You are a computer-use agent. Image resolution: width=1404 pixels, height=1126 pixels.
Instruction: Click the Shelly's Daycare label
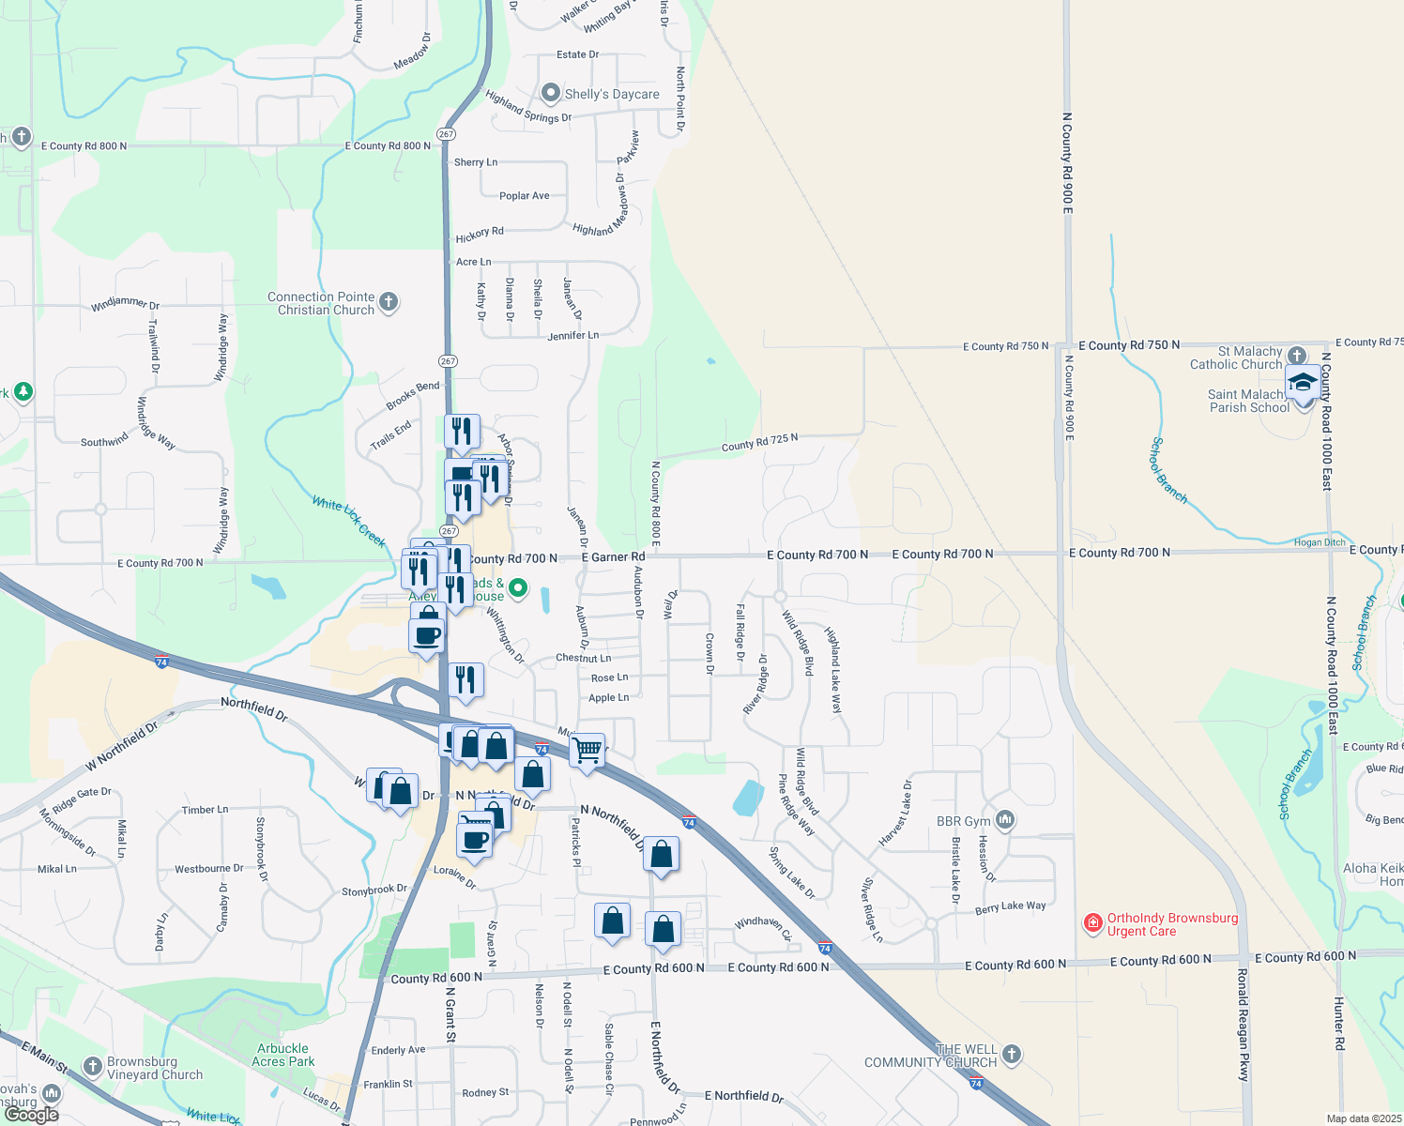coord(612,94)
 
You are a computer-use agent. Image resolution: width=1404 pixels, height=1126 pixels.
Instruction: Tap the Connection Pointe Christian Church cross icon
coord(389,302)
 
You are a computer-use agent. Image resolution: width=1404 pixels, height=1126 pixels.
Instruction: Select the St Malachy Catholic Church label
coord(1236,358)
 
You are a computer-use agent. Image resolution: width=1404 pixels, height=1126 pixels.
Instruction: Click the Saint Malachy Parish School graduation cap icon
coord(1303,383)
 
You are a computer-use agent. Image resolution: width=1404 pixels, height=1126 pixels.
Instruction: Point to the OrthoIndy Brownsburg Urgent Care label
coord(1172,924)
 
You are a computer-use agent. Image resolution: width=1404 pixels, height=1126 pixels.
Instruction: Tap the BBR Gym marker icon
coord(1005,820)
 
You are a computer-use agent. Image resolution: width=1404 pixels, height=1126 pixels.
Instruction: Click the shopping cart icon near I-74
coord(588,750)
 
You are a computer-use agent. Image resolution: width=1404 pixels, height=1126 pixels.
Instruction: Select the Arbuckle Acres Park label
coord(282,1055)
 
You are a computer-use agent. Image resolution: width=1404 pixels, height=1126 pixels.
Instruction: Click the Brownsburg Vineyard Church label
coord(154,1068)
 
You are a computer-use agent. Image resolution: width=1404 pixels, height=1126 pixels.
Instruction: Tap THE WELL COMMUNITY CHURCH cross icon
coord(1012,1054)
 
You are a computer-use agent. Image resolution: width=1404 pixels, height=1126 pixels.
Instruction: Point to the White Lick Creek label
coord(349,522)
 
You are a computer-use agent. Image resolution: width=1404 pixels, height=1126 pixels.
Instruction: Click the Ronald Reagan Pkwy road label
coord(1244,1025)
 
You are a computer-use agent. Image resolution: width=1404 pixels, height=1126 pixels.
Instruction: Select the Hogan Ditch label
coord(1320,542)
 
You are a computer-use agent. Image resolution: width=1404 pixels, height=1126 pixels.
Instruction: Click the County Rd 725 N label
coord(759,442)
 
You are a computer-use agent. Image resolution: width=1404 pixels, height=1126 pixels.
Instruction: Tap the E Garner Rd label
coord(613,557)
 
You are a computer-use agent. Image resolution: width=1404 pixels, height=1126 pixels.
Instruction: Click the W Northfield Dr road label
coord(122,747)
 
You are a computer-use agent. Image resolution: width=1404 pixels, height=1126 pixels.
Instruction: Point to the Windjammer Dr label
coord(125,304)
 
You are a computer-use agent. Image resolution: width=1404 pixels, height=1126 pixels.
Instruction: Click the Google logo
coord(31,1115)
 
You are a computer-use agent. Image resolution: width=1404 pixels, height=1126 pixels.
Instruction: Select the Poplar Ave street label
coord(525,196)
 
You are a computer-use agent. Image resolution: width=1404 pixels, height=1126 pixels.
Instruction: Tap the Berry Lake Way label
coord(1010,907)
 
